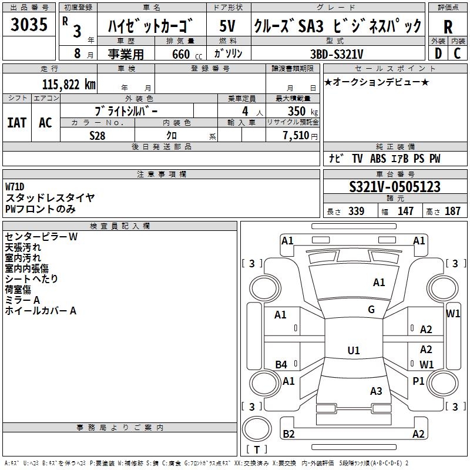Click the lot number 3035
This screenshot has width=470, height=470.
tap(29, 24)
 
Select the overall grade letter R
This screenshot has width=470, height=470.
tap(448, 27)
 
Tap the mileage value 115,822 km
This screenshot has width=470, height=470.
tap(69, 85)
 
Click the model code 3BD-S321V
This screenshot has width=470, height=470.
tap(337, 54)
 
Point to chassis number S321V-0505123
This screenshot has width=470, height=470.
tap(395, 187)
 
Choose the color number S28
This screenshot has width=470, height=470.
tap(98, 136)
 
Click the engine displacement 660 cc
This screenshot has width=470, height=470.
tap(187, 54)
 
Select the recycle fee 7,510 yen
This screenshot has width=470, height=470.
tap(300, 136)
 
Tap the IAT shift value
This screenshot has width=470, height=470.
tap(17, 123)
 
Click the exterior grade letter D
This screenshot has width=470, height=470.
tap(438, 53)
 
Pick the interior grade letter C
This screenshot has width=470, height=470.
tap(457, 53)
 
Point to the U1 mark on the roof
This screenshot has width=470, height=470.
tap(354, 350)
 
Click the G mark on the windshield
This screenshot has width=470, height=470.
tap(371, 309)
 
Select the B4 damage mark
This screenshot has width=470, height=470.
tap(281, 364)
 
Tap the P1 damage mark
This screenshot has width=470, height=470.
tap(418, 381)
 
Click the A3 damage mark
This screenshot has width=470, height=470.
tap(376, 391)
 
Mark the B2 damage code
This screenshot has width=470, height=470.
tap(288, 434)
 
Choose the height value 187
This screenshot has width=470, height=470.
tap(452, 211)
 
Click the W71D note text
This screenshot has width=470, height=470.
tap(15, 187)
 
